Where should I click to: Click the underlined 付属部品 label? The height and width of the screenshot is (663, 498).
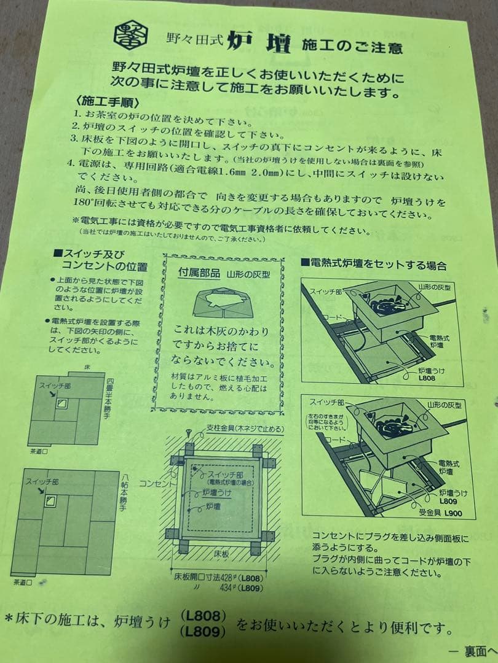198,273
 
